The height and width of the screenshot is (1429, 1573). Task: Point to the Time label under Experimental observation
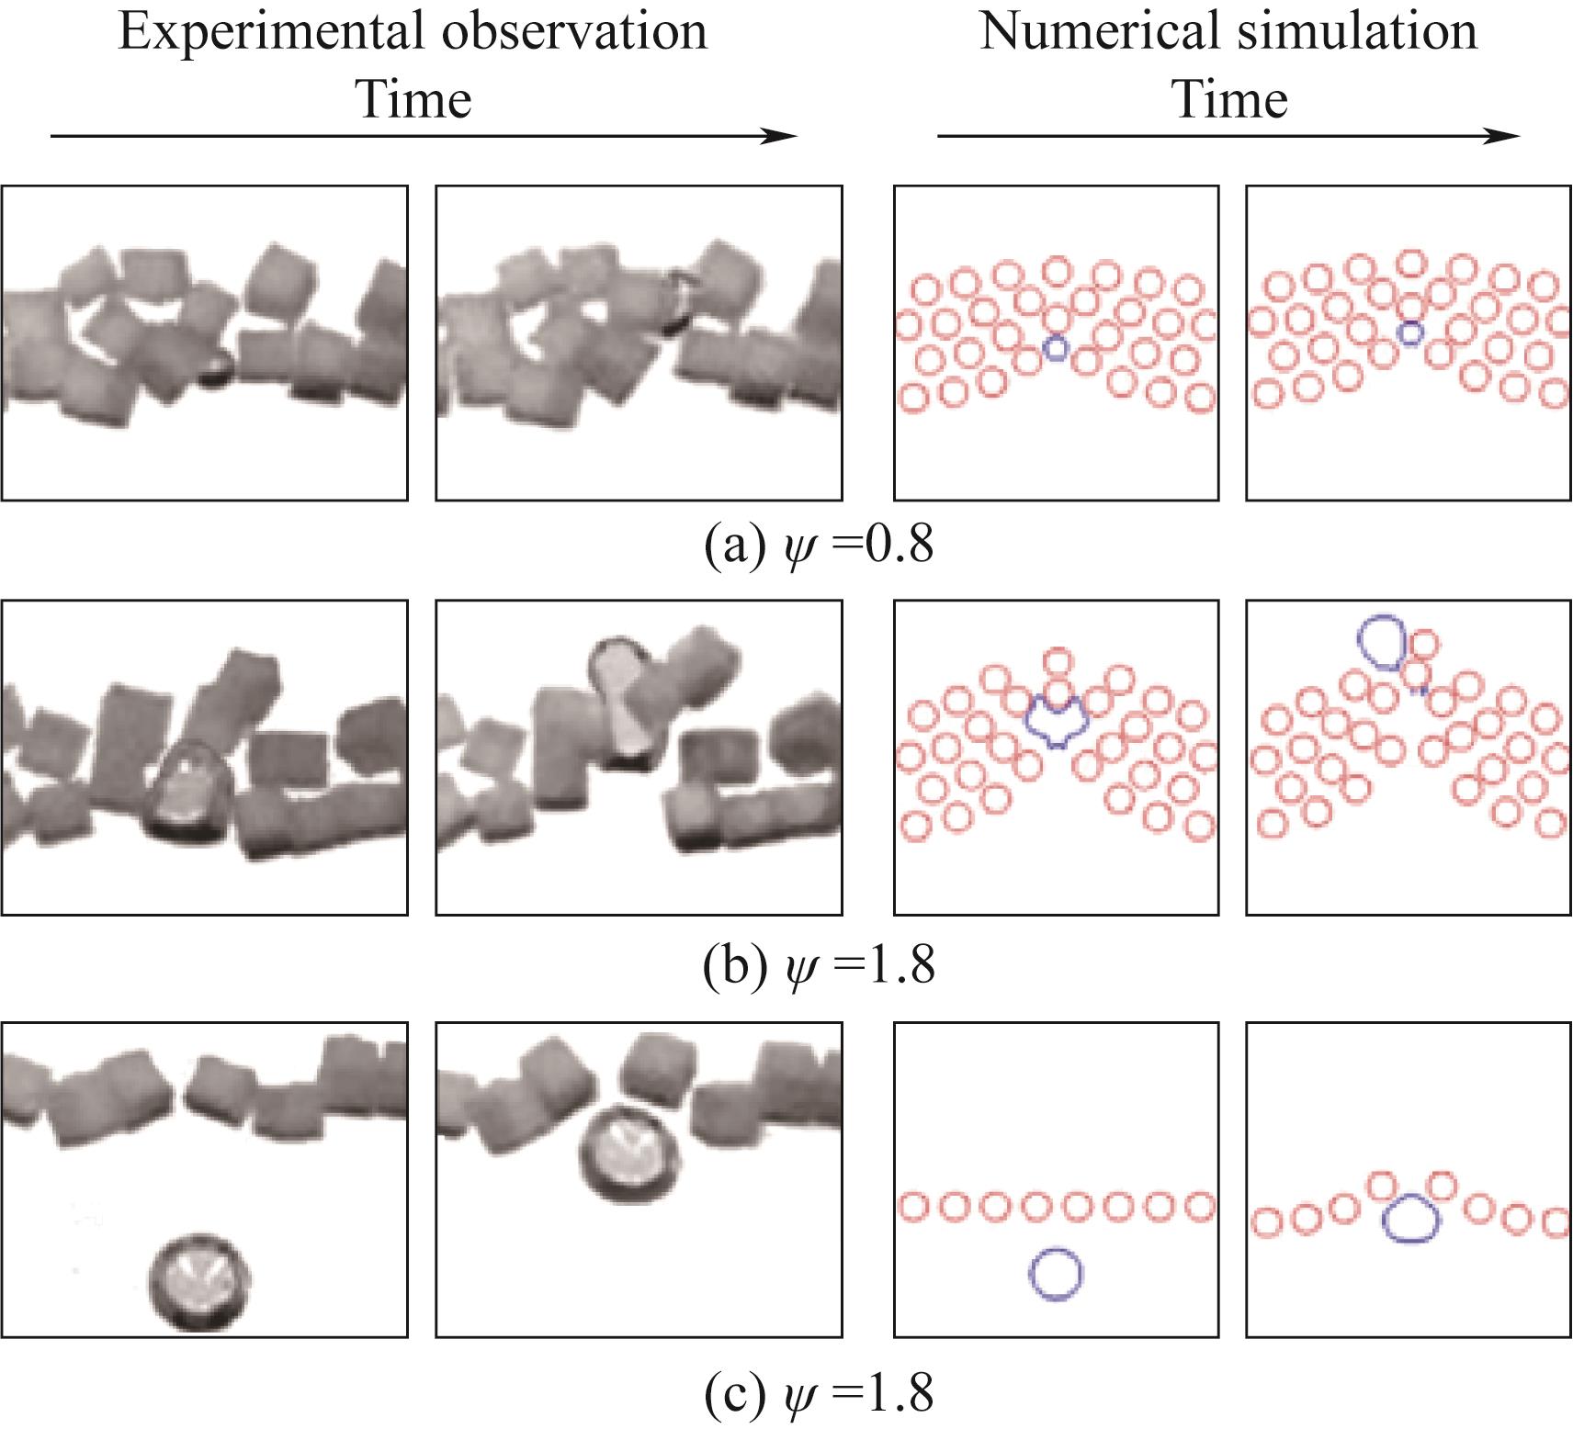[x=413, y=99]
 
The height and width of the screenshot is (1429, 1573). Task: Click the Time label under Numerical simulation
[x=1230, y=99]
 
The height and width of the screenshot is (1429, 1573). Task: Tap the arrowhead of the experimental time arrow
[x=781, y=136]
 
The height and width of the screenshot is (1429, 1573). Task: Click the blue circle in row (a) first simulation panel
[x=1057, y=347]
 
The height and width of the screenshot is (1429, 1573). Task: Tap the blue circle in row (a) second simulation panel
[x=1409, y=333]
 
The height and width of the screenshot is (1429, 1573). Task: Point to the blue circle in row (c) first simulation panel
[x=1055, y=1273]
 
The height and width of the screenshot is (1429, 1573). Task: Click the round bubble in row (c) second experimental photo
[x=630, y=1157]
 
